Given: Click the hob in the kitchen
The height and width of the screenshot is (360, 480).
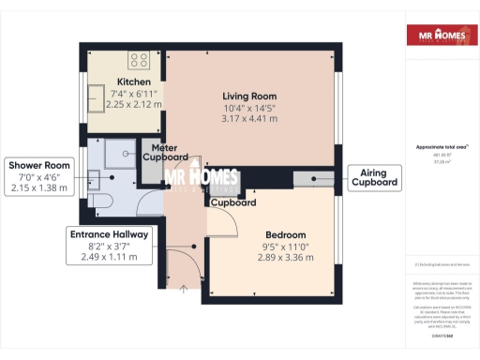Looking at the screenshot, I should click(x=139, y=60).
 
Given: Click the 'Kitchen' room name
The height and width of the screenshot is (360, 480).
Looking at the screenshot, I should click(x=132, y=82).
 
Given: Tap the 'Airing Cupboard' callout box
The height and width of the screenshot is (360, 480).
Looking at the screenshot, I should click(x=372, y=177).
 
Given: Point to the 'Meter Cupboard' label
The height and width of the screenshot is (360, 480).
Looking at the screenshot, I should click(x=164, y=152).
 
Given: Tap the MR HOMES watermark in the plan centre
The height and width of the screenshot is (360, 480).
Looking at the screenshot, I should click(x=201, y=179).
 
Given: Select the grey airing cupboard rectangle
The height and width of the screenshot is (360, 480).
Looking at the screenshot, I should click(x=312, y=177).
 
